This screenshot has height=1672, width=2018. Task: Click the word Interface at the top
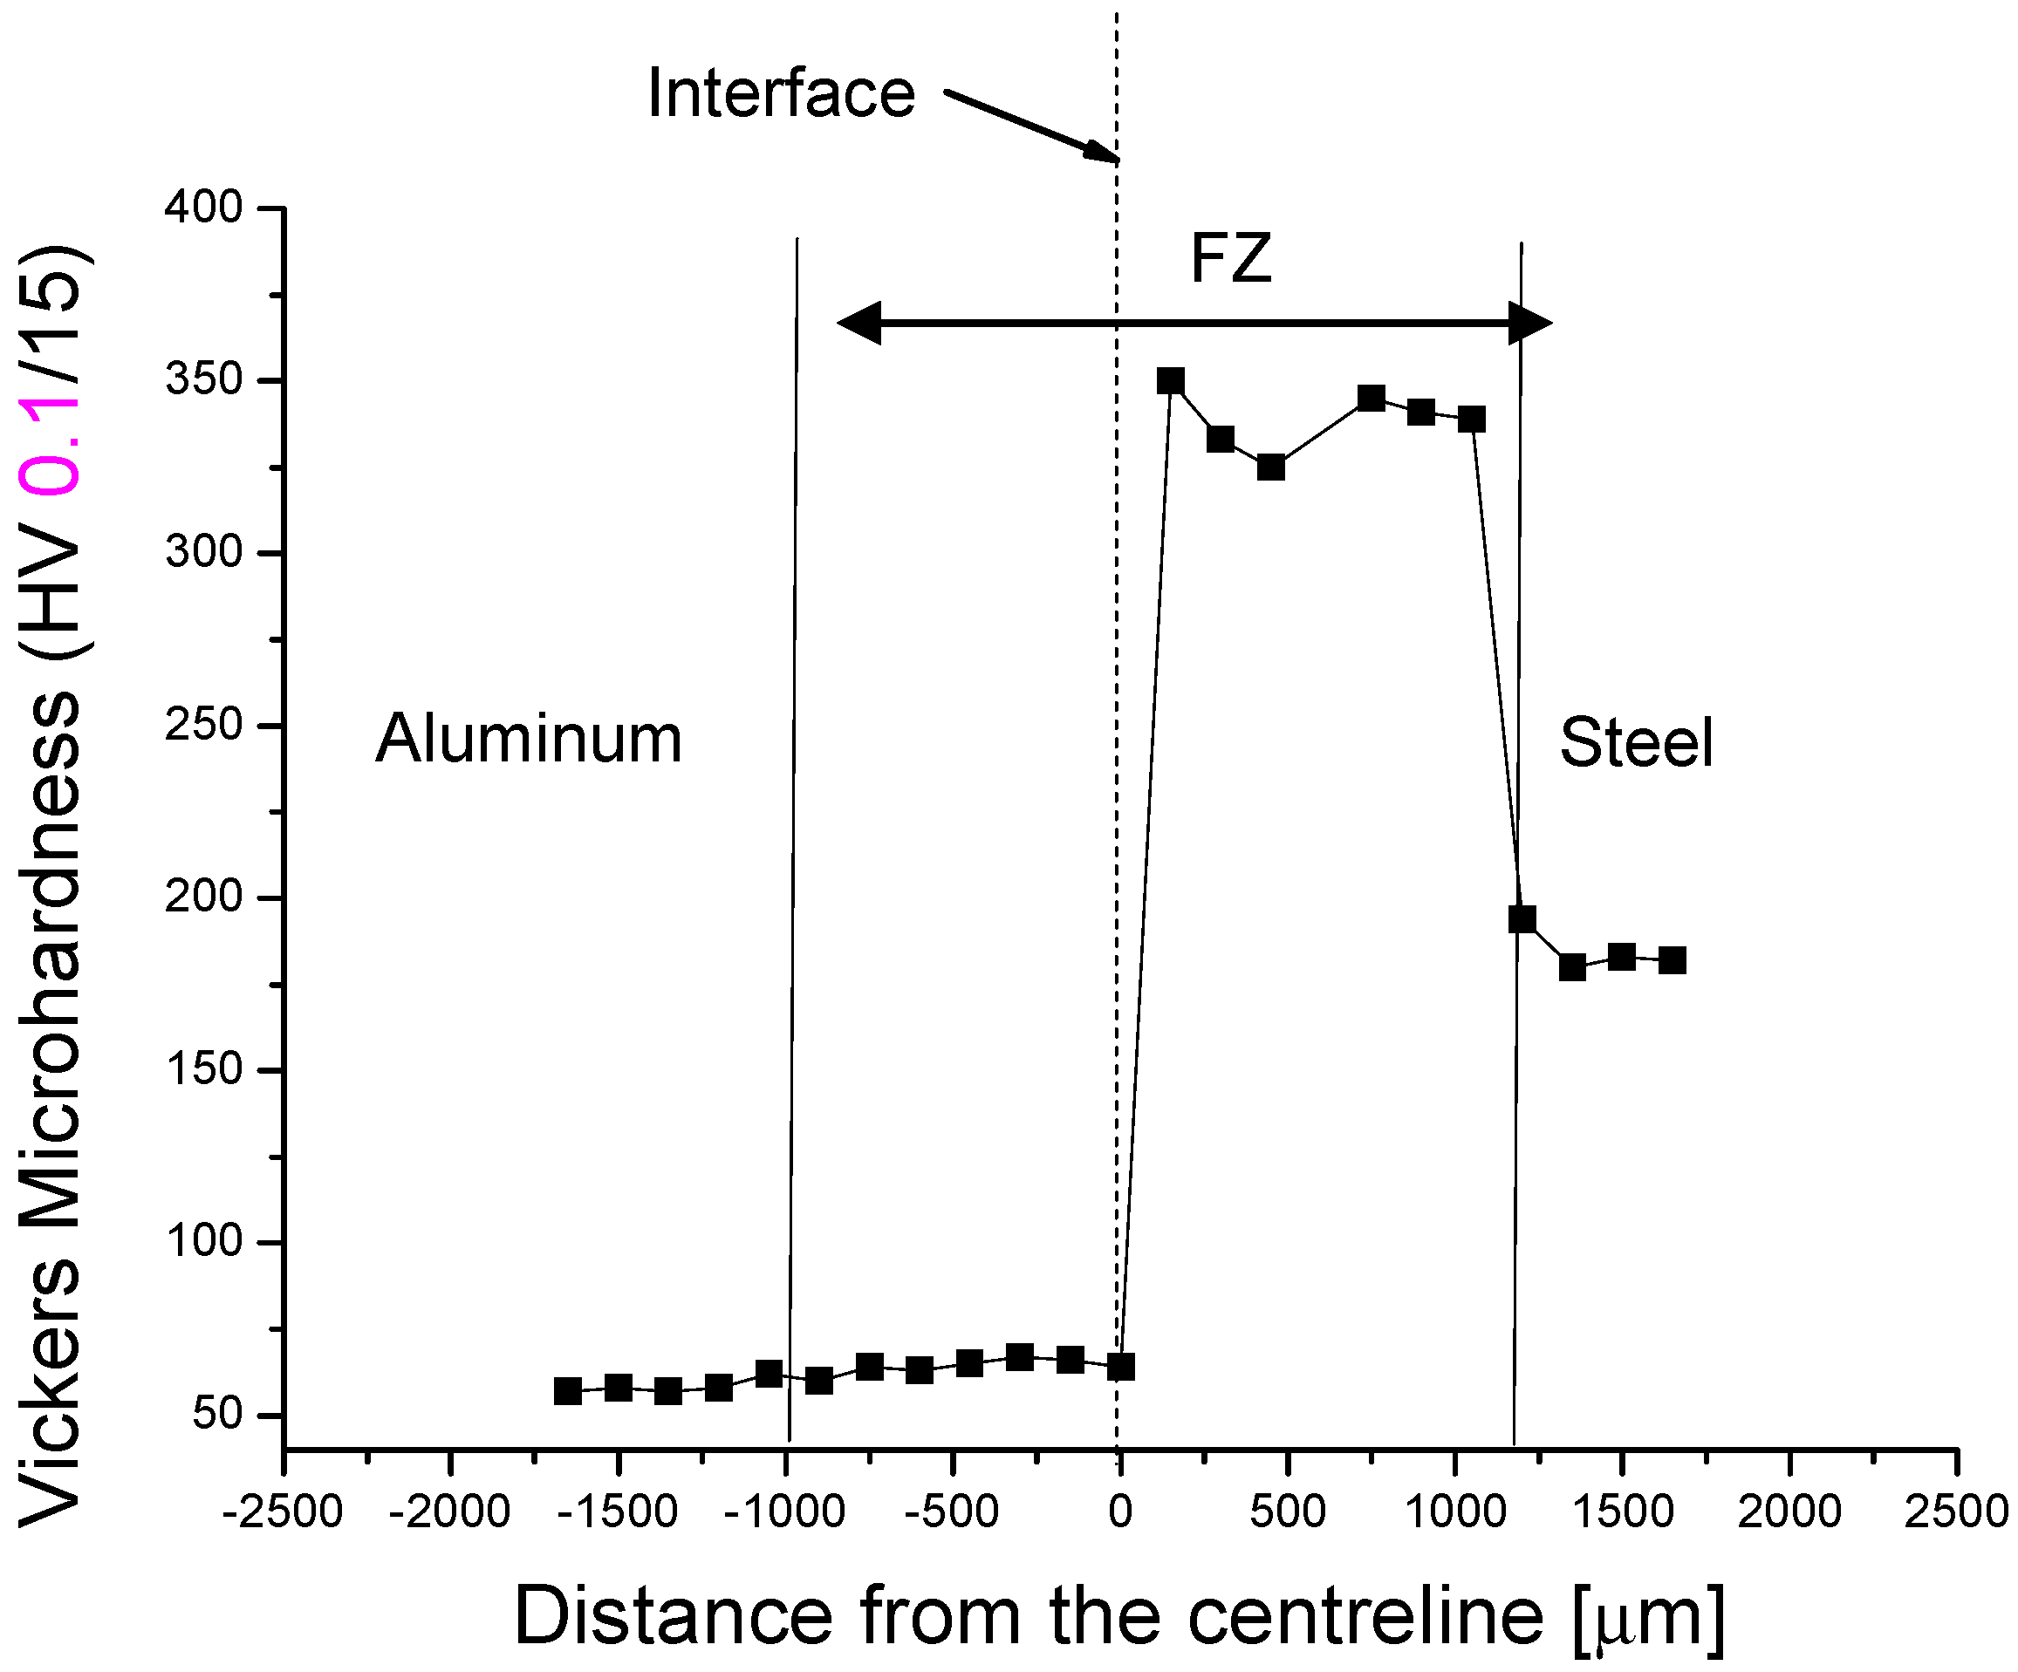pos(781,94)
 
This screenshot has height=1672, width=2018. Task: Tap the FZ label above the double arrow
pos(1231,259)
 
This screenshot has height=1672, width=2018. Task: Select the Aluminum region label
pos(529,739)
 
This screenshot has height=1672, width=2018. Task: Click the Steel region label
pos(1636,743)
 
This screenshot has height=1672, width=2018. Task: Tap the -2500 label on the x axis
pos(283,1512)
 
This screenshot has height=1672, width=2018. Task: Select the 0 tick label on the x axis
pos(1119,1512)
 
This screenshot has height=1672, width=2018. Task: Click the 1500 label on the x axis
pos(1622,1512)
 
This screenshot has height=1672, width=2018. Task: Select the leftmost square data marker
pos(568,1391)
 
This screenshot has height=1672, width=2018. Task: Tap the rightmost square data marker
pos(1672,960)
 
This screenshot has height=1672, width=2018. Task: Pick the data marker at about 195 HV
pos(1522,918)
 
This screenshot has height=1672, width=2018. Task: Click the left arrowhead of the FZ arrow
pos(859,323)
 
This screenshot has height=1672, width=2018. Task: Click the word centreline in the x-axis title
pos(1365,1615)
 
